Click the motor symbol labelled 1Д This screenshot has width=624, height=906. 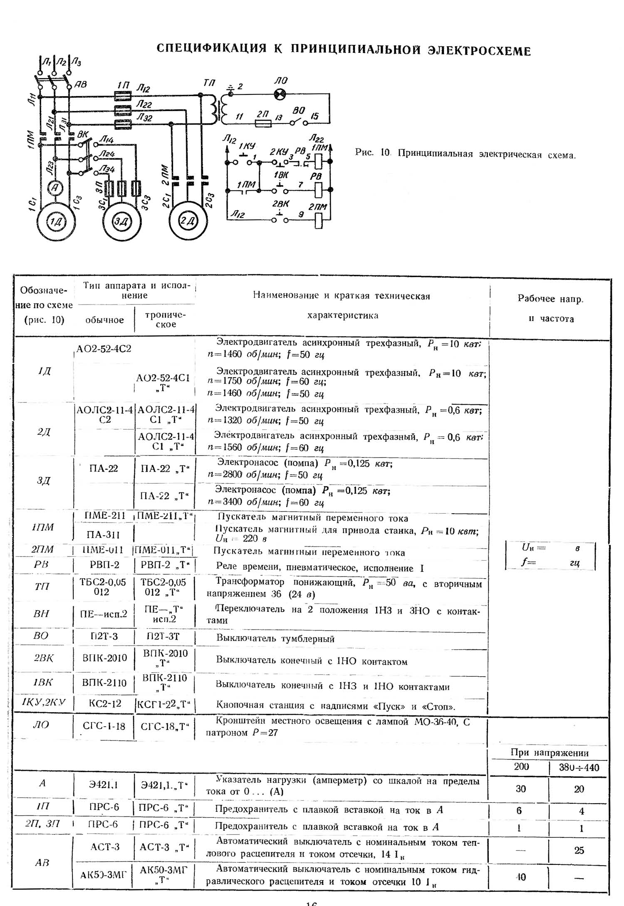point(55,221)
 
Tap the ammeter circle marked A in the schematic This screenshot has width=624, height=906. point(54,188)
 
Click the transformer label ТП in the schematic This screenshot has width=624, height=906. point(209,83)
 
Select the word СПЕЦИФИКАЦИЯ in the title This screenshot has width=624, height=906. point(211,49)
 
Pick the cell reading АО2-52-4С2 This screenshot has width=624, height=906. point(104,349)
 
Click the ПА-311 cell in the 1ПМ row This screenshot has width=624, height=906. point(103,534)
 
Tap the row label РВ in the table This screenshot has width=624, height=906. point(41,564)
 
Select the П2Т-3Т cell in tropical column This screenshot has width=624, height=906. point(164,636)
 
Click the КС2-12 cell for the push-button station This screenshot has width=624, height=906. point(105,703)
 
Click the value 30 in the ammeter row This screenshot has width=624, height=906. point(520,789)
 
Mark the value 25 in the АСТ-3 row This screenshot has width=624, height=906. point(579,850)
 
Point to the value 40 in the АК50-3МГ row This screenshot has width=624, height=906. point(520,877)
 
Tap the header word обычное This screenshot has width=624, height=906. point(104,320)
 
